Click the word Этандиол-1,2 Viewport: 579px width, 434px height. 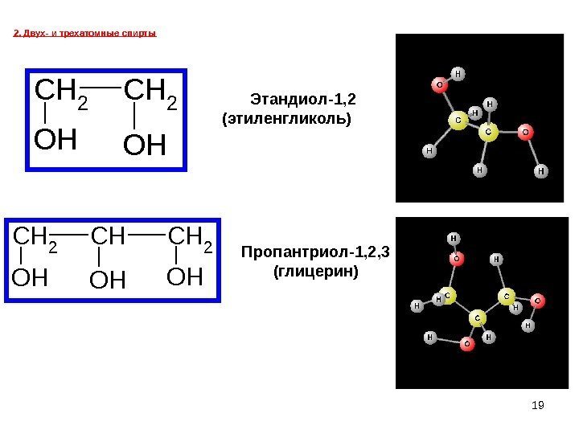(x=302, y=100)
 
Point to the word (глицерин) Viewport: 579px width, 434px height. (x=315, y=272)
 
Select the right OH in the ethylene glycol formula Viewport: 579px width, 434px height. (x=145, y=146)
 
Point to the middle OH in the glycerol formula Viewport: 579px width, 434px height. (x=109, y=280)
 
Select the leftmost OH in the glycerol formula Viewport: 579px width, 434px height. (x=30, y=279)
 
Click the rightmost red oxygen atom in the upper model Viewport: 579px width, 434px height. (x=525, y=129)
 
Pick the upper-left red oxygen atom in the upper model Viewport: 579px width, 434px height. (x=439, y=84)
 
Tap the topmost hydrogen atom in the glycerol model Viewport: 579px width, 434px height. (x=454, y=239)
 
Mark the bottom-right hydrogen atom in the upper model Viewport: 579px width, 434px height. (x=540, y=171)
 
